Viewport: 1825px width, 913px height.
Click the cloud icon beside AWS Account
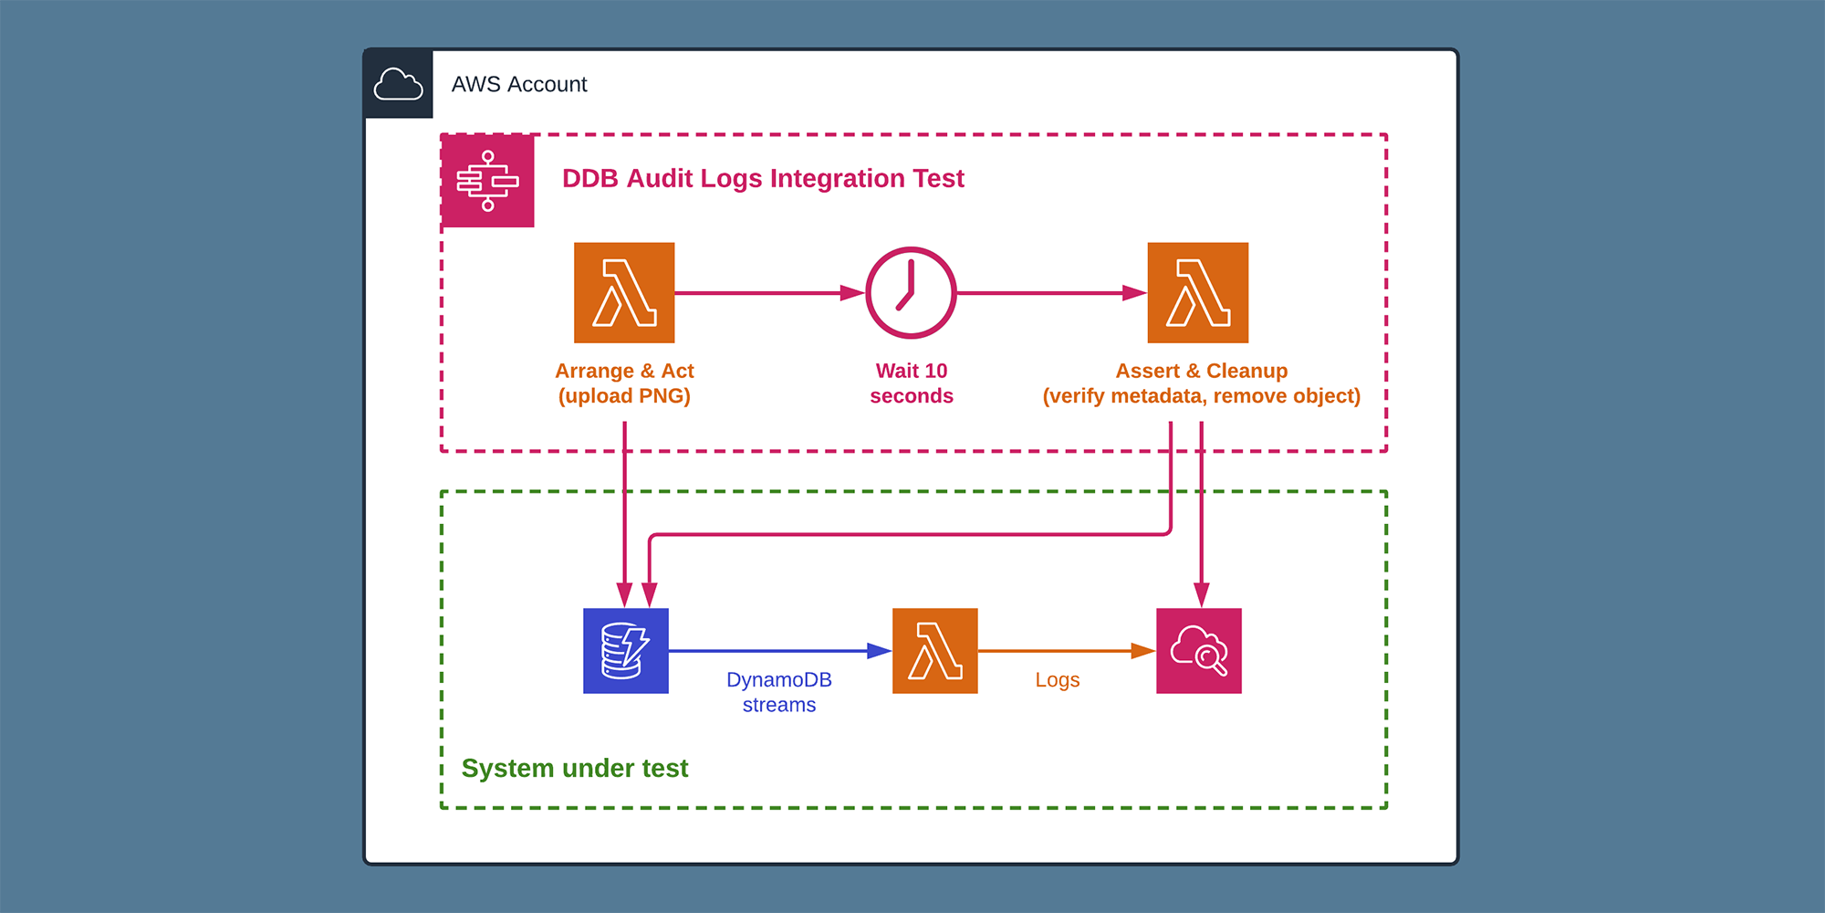tap(398, 84)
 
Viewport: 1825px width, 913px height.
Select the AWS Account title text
tap(518, 84)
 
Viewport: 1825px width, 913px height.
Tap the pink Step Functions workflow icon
tap(487, 181)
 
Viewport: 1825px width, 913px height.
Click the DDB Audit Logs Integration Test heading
tap(762, 178)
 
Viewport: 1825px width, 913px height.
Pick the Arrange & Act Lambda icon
tap(624, 292)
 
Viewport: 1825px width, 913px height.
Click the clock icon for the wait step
tap(910, 292)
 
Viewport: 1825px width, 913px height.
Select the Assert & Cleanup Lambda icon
tap(1197, 292)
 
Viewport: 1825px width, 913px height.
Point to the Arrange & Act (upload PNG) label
tap(624, 383)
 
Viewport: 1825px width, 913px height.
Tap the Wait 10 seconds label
tap(911, 383)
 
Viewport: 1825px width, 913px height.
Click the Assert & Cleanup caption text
tap(1201, 383)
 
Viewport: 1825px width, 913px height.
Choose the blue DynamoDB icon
tap(625, 650)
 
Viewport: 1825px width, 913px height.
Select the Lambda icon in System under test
tap(934, 650)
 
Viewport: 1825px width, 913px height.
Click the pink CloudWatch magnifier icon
tap(1198, 650)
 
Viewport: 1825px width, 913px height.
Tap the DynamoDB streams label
tap(778, 692)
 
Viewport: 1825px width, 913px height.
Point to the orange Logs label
tap(1057, 680)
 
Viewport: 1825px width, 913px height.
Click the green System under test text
tap(574, 768)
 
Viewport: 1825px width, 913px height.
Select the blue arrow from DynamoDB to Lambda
tap(776, 651)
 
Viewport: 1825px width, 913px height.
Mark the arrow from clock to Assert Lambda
tap(1049, 293)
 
